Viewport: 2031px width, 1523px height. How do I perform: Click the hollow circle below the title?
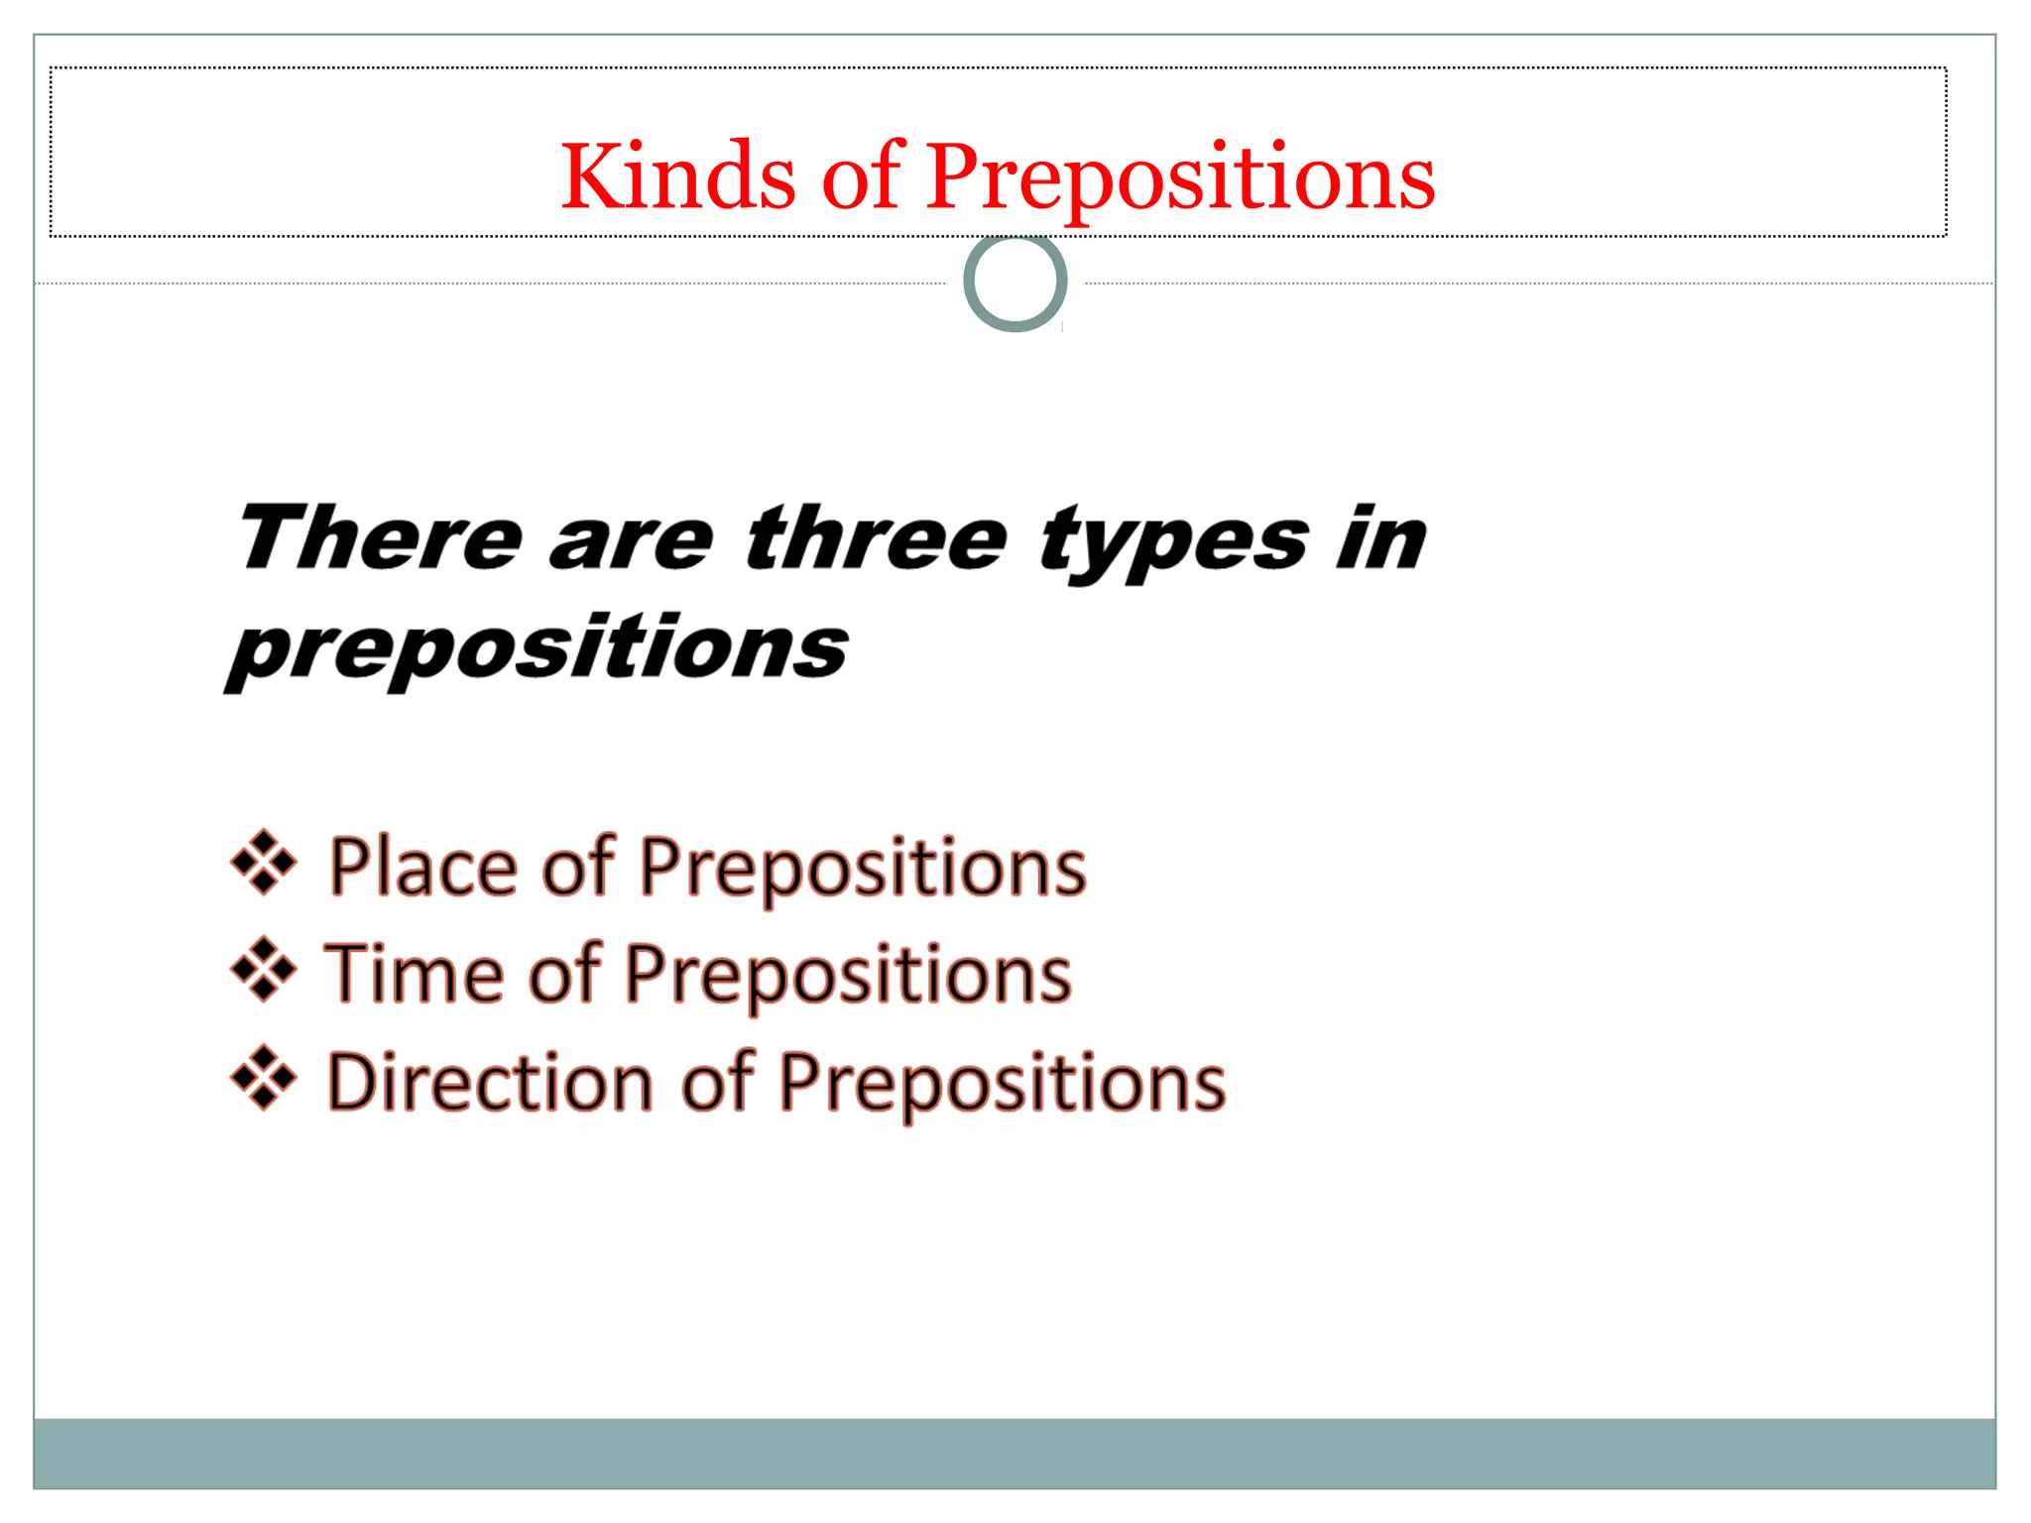coord(1015,283)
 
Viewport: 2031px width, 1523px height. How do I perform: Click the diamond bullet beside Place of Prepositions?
coord(264,862)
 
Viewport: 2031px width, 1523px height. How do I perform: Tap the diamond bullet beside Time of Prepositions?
coord(264,969)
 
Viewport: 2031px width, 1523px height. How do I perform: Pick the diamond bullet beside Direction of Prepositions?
coord(264,1077)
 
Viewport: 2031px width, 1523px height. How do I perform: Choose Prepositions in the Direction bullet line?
coord(1002,1084)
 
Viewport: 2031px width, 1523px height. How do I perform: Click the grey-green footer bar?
coord(1015,1453)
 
